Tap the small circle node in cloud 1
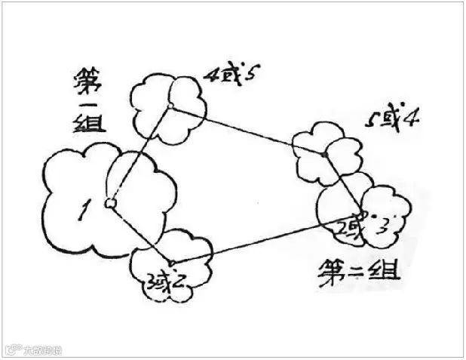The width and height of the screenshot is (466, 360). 110,202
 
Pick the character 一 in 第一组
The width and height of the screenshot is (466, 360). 88,101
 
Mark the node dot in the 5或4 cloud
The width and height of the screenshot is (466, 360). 325,155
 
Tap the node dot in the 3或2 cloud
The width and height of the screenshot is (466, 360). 172,263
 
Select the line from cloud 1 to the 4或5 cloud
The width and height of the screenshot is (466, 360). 139,155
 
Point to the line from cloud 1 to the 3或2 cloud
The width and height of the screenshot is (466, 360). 141,232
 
